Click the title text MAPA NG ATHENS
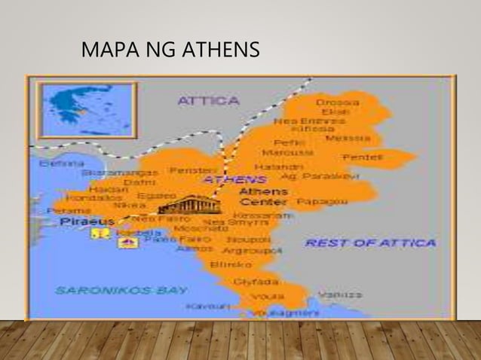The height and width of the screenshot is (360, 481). [x=170, y=50]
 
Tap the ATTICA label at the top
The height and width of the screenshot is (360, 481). [x=208, y=100]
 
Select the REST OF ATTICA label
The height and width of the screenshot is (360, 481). [x=370, y=243]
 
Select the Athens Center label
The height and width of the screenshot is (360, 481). [x=262, y=197]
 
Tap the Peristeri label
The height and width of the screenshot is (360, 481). [x=192, y=171]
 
